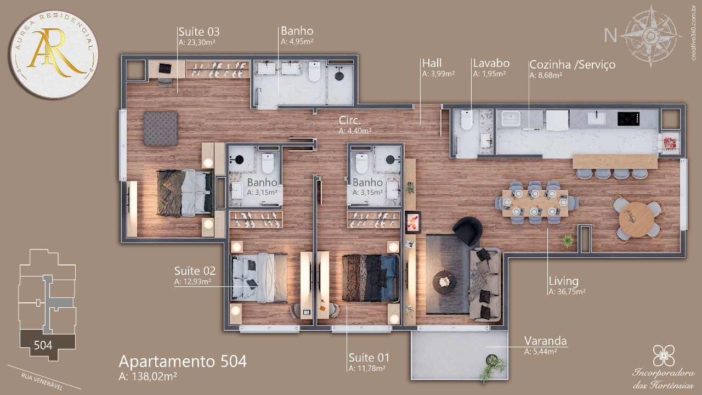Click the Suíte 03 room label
[x=199, y=32]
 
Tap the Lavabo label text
[x=491, y=63]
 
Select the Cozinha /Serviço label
[x=572, y=65]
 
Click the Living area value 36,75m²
[x=567, y=291]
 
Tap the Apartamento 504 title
[x=183, y=361]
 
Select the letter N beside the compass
[x=610, y=36]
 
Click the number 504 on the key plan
[x=43, y=345]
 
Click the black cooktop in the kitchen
[x=629, y=119]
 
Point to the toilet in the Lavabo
[x=466, y=120]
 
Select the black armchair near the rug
[x=467, y=231]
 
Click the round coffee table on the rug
[x=444, y=282]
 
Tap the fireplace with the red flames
[x=413, y=222]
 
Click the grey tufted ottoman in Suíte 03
[x=161, y=128]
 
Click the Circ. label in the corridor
[x=349, y=120]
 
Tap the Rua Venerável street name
[x=42, y=381]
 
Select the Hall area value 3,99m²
[x=438, y=74]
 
